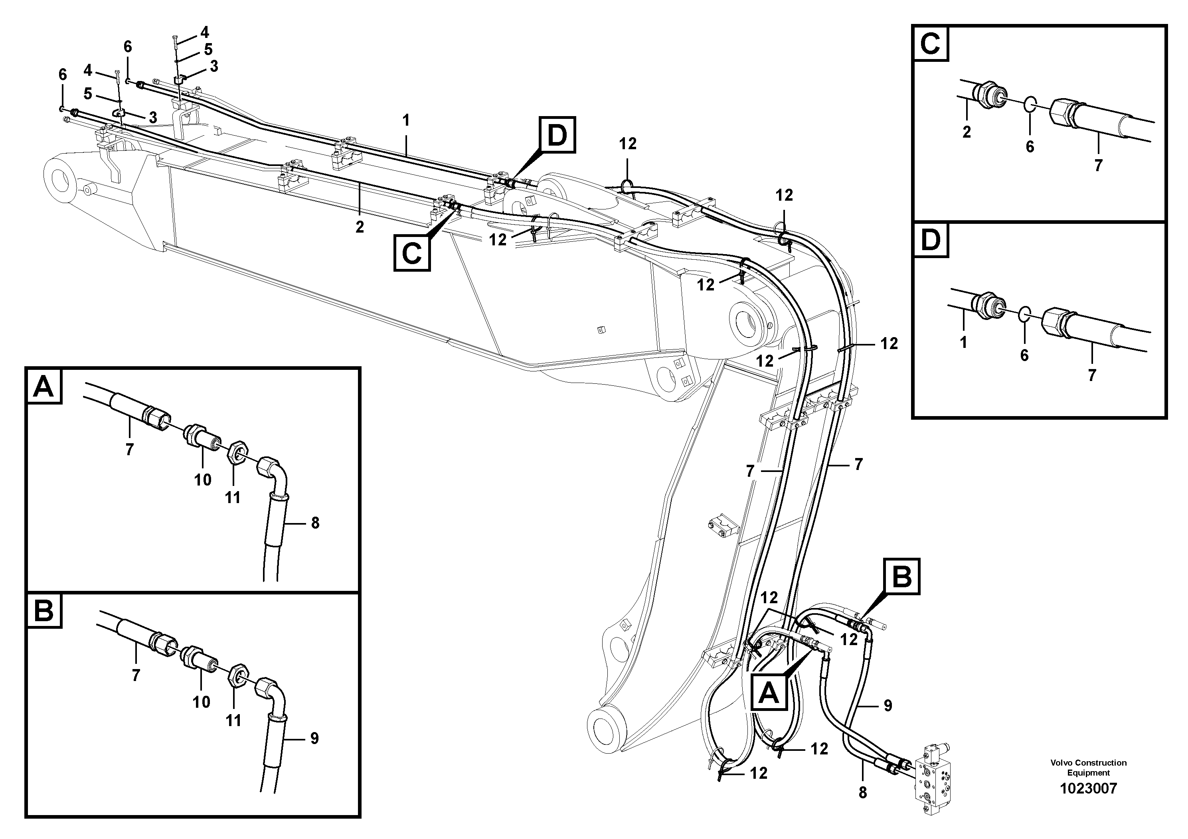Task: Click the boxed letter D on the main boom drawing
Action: pos(557,136)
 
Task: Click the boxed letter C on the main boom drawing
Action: pos(412,253)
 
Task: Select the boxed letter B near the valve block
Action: pos(902,576)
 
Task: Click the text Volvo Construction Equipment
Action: pos(1088,768)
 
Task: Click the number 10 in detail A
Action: pos(203,480)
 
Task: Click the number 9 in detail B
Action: pos(314,738)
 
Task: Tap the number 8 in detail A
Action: pos(315,523)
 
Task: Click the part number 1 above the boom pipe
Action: pos(406,121)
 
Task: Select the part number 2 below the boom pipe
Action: pos(360,227)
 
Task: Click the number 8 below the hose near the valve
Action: pos(862,793)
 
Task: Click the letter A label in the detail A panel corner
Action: pos(43,387)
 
